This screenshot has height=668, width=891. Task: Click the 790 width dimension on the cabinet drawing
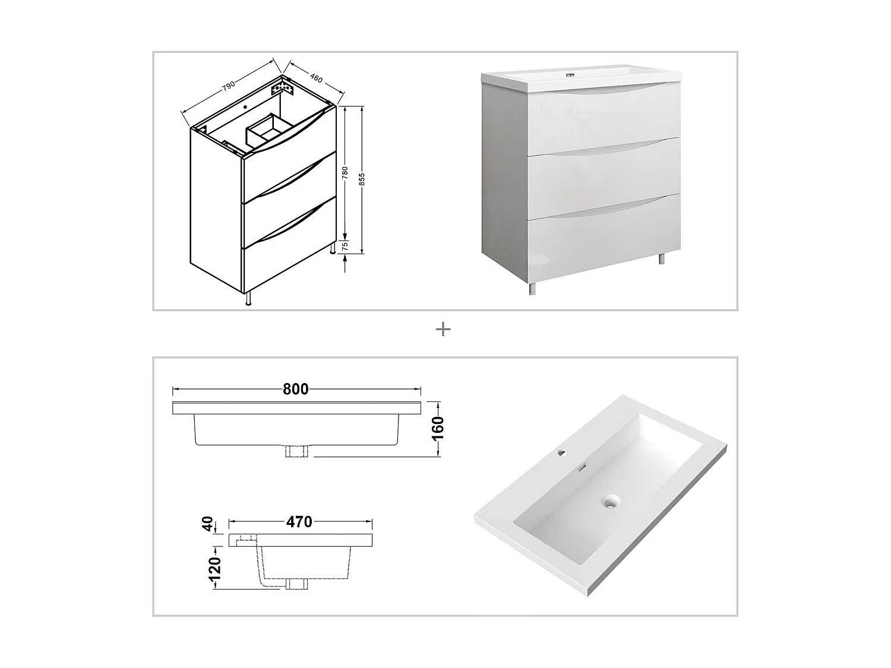pyautogui.click(x=229, y=86)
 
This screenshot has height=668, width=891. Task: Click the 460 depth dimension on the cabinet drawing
pyautogui.click(x=315, y=77)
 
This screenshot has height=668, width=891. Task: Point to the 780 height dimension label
pyautogui.click(x=345, y=174)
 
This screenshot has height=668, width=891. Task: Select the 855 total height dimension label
pyautogui.click(x=361, y=179)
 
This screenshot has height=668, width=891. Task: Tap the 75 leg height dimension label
pyautogui.click(x=345, y=247)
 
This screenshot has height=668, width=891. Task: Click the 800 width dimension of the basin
pyautogui.click(x=295, y=389)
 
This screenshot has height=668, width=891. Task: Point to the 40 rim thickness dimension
pyautogui.click(x=208, y=524)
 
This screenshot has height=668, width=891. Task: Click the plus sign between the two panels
pyautogui.click(x=443, y=329)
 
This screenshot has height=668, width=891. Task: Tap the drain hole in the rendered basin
pyautogui.click(x=608, y=502)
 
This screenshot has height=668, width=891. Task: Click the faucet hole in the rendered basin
pyautogui.click(x=562, y=454)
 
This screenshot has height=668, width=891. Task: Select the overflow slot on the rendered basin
pyautogui.click(x=583, y=467)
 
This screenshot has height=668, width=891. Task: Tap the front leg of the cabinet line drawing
pyautogui.click(x=249, y=299)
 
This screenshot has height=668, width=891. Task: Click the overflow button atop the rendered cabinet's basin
pyautogui.click(x=572, y=75)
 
